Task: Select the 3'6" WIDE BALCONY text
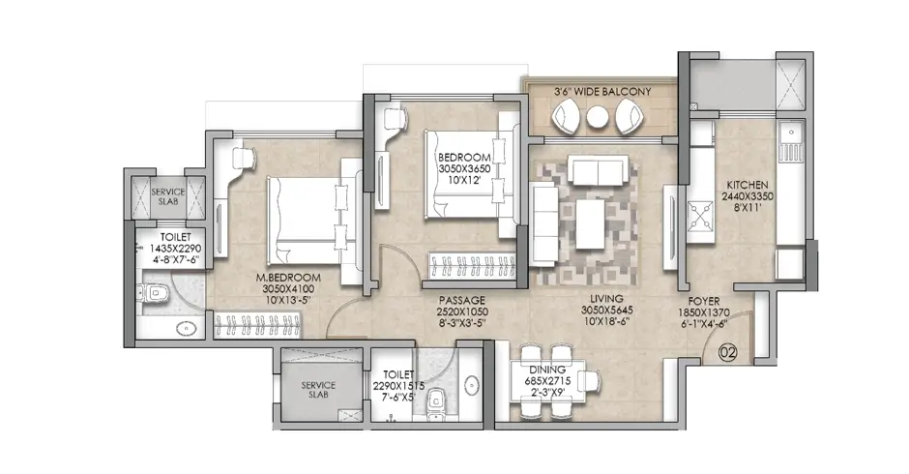601,91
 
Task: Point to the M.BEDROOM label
287,276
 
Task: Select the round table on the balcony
598,117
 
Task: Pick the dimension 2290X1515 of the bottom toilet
398,386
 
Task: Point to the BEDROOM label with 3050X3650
464,157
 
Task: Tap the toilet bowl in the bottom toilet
437,398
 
